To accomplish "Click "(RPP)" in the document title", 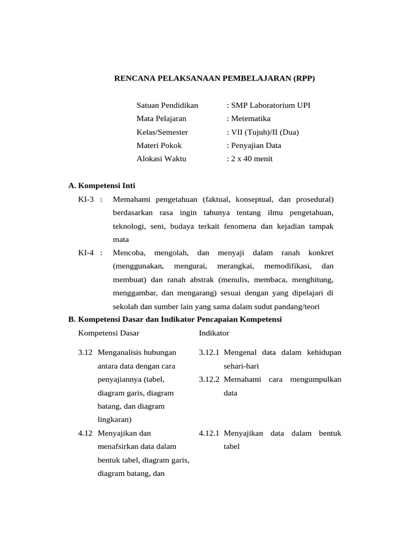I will pyautogui.click(x=304, y=79).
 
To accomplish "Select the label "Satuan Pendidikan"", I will pyautogui.click(x=167, y=105).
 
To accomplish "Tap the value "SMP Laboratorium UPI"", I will pyautogui.click(x=270, y=105).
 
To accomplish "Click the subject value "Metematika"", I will pyautogui.click(x=250, y=119).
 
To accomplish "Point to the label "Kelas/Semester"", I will pyautogui.click(x=162, y=132).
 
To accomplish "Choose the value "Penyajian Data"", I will pyautogui.click(x=256, y=145).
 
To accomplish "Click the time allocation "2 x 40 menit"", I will pyautogui.click(x=251, y=159).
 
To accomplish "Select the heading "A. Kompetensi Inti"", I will pyautogui.click(x=102, y=186).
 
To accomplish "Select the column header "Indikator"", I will pyautogui.click(x=214, y=333).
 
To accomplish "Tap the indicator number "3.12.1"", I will pyautogui.click(x=209, y=353).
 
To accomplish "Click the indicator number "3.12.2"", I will pyautogui.click(x=209, y=379).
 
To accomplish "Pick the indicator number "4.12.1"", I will pyautogui.click(x=209, y=433).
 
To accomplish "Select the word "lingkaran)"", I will pyautogui.click(x=114, y=419).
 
